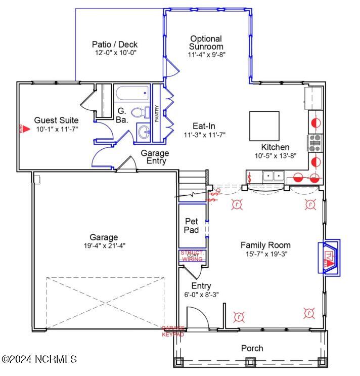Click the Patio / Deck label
[x=115, y=45]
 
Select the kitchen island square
[x=264, y=126]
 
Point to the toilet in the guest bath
[x=140, y=112]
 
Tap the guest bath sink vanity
[x=144, y=133]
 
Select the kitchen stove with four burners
[x=316, y=143]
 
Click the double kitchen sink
[x=273, y=176]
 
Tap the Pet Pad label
[x=191, y=226]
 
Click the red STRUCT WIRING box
[x=192, y=256]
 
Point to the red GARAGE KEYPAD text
[x=173, y=331]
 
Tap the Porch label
[x=252, y=348]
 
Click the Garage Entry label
[x=155, y=157]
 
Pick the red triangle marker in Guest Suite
[x=21, y=129]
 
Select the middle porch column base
[x=249, y=361]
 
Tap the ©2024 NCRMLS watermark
[x=39, y=359]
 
